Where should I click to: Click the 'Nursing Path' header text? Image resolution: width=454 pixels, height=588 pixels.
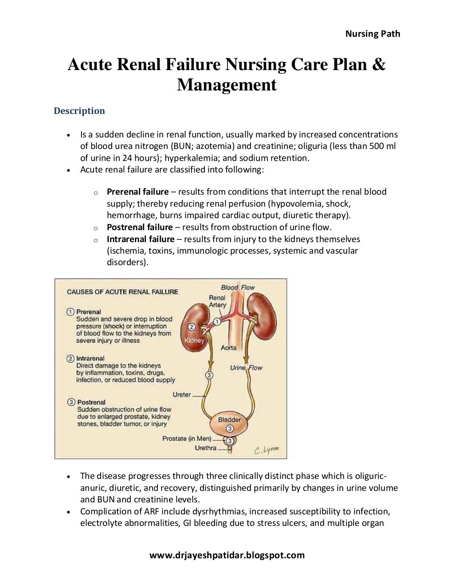click(x=372, y=34)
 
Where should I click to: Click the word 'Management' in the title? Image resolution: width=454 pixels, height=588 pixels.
click(x=227, y=84)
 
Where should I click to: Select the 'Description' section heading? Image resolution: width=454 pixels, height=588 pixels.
click(x=79, y=111)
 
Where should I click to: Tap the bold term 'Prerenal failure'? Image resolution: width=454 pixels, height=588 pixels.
click(x=137, y=192)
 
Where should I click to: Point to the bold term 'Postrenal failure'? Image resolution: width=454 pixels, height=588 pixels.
click(x=140, y=227)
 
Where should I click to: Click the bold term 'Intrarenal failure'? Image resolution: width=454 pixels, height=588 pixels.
click(x=141, y=239)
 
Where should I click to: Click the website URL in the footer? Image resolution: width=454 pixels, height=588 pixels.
click(x=227, y=555)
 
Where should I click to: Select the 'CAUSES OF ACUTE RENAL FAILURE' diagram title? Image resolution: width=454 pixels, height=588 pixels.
click(x=122, y=292)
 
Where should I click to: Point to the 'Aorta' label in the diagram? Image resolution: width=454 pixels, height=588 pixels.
click(x=229, y=348)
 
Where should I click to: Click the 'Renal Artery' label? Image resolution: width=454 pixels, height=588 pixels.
click(x=217, y=301)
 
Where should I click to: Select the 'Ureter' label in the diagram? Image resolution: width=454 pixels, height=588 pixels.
click(x=182, y=394)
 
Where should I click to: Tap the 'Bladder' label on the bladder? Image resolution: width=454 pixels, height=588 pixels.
click(x=229, y=419)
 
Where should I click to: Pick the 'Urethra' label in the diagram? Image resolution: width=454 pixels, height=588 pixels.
click(x=206, y=448)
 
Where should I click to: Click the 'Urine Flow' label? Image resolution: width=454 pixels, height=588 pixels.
click(x=246, y=368)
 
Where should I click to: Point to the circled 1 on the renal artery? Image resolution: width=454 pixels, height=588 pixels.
click(x=217, y=321)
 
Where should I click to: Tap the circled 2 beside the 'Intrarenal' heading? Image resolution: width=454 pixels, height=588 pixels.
click(x=70, y=358)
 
